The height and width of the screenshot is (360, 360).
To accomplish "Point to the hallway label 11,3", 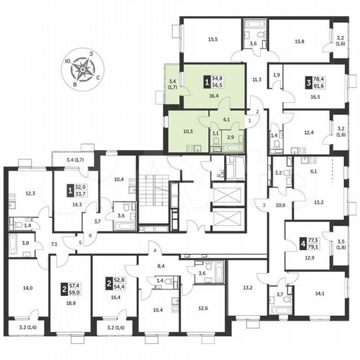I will pos(256,80).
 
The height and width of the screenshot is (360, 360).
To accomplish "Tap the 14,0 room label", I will pos(27,288).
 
